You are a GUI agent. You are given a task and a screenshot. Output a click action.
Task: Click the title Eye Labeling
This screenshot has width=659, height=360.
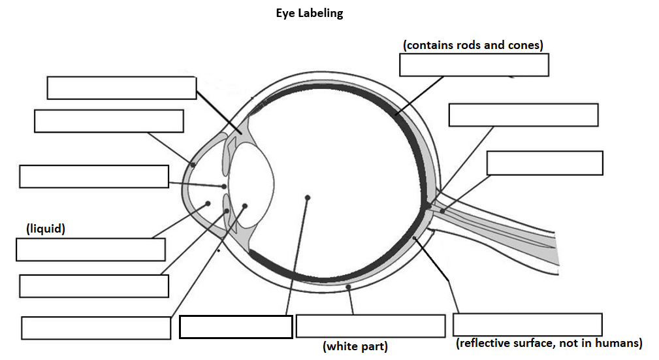(x=309, y=14)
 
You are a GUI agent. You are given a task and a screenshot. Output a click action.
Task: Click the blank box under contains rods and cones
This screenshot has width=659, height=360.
(x=474, y=65)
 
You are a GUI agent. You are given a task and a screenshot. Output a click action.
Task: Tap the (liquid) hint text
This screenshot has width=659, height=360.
(x=46, y=229)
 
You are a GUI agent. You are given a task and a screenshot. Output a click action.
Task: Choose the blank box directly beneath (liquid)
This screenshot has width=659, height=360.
(x=90, y=250)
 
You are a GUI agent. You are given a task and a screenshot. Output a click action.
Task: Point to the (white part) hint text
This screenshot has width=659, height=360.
(x=355, y=346)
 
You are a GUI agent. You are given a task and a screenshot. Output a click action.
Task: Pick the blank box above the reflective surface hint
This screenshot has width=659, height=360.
(x=527, y=325)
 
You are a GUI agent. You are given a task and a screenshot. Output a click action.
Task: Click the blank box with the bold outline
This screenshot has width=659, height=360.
(x=235, y=327)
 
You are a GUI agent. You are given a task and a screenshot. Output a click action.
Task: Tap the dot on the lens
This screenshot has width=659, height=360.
(x=245, y=206)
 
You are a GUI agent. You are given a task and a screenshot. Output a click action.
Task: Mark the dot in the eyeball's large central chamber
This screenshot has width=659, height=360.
(x=307, y=197)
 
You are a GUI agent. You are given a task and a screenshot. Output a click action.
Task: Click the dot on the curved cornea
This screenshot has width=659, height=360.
(x=192, y=165)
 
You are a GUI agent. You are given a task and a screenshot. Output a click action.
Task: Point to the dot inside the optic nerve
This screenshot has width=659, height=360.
(x=442, y=210)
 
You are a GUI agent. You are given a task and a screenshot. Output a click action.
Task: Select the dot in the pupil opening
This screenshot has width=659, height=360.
(x=224, y=186)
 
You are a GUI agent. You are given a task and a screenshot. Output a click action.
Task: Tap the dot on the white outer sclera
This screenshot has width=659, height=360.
(x=349, y=287)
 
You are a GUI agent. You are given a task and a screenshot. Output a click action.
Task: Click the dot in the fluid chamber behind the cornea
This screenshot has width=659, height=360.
(x=208, y=203)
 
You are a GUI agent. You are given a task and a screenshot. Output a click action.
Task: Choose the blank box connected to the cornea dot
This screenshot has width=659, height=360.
(x=108, y=122)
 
